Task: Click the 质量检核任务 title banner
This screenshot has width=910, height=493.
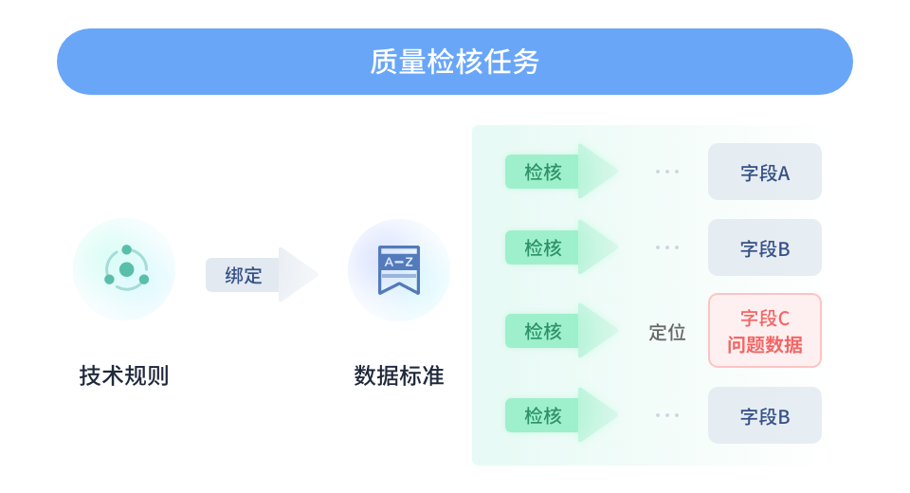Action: coord(455,62)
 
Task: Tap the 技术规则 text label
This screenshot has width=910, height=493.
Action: coord(124,375)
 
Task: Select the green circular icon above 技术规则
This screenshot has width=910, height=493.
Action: coord(125,269)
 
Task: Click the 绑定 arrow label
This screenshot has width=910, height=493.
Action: coord(245,275)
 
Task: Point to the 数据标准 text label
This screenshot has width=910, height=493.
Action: coord(398,375)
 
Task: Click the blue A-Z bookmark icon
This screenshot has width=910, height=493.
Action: coord(398,269)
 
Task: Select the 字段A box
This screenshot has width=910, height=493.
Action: coord(764,172)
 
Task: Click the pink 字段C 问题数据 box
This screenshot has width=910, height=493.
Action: coord(764,330)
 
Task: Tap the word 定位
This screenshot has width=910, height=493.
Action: coord(666,332)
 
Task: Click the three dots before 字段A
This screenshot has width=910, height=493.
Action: coord(666,172)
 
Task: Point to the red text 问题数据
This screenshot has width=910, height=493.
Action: coord(764,344)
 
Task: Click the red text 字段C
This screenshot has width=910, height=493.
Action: coord(764,319)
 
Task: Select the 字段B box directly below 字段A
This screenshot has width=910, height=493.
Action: coord(764,247)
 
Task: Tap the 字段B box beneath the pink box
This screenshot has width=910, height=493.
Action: coord(764,415)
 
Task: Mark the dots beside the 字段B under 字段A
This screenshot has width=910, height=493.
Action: coord(666,247)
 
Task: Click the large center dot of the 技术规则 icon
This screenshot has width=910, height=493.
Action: coord(126,269)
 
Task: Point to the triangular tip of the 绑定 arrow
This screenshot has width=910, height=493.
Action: coord(301,275)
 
